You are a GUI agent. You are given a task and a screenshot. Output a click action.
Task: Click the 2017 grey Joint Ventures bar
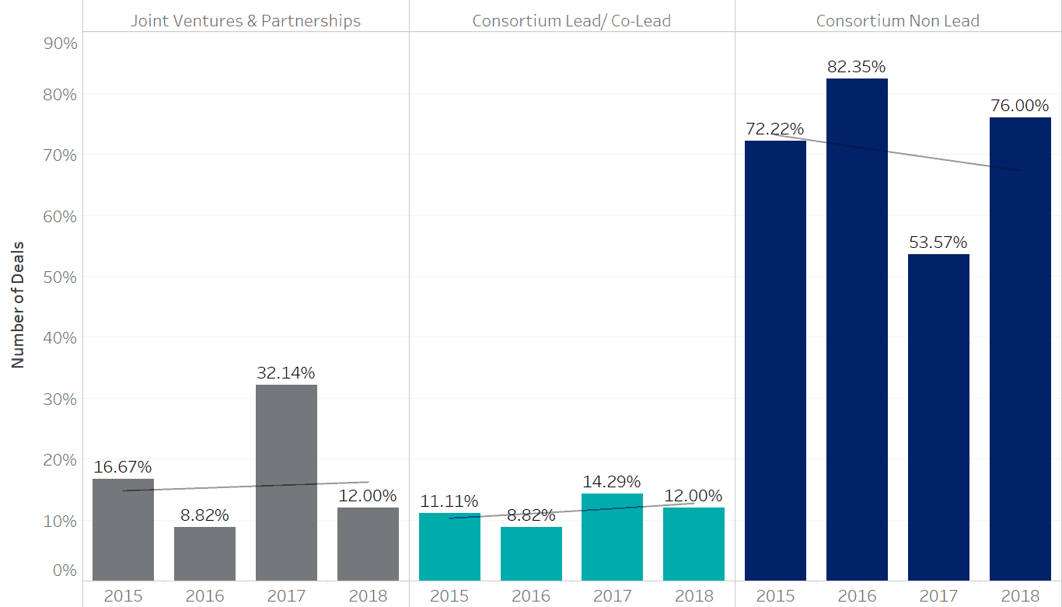(286, 482)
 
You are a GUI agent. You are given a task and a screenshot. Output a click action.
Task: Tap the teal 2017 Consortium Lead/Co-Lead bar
(612, 536)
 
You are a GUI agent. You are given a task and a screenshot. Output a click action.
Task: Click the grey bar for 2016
(204, 553)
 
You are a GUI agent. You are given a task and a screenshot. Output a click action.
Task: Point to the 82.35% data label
(857, 67)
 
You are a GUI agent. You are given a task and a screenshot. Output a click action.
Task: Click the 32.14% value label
(286, 373)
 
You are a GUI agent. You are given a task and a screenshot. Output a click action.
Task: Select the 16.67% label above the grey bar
(123, 467)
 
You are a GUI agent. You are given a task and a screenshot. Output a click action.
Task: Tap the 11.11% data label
(449, 501)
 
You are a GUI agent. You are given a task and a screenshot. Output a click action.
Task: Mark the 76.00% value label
(1020, 106)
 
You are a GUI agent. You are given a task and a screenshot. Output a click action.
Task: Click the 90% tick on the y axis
(59, 44)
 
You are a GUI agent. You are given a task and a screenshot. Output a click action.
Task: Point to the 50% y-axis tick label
(59, 277)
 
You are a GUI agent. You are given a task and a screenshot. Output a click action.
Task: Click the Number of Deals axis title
(18, 304)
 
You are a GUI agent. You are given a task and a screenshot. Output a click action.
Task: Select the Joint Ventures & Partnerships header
(246, 21)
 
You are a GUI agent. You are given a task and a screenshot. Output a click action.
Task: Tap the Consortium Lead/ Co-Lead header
(571, 21)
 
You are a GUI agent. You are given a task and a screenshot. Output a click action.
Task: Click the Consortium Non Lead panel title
(898, 21)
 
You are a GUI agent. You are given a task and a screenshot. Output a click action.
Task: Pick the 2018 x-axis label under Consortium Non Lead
(1020, 596)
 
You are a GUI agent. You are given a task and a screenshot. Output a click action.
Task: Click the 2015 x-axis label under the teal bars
(449, 596)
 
